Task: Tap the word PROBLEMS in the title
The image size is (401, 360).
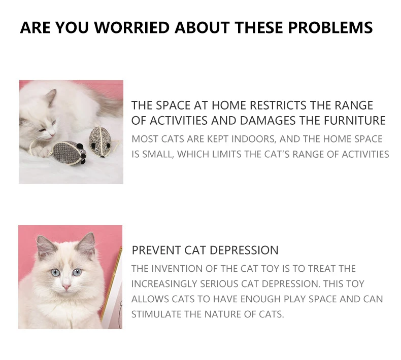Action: tap(330, 27)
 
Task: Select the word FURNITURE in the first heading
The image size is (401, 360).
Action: tap(355, 121)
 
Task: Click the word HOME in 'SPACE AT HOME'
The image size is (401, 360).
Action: tap(228, 105)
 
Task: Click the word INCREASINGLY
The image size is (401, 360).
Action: tap(164, 284)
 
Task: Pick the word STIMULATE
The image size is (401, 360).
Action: tap(156, 314)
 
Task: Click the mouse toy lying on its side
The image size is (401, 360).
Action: tap(69, 153)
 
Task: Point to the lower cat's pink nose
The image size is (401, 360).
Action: tap(66, 287)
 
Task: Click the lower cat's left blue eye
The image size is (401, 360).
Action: tap(55, 273)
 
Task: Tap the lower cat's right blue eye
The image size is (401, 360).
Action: tap(77, 272)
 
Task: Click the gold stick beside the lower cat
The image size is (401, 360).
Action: tap(112, 284)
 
